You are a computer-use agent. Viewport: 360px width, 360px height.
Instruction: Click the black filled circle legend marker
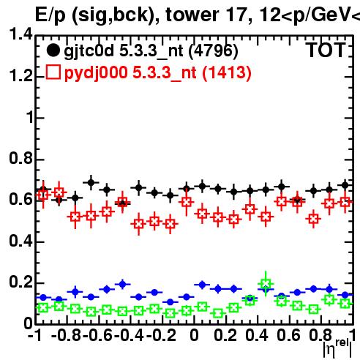(x=53, y=50)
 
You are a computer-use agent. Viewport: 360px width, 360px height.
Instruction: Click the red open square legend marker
(x=53, y=72)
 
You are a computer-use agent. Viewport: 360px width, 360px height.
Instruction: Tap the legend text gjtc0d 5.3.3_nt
(x=124, y=51)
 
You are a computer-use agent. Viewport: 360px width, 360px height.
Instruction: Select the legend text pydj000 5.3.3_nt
(x=130, y=73)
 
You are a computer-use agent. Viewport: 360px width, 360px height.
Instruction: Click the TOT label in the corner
(x=326, y=50)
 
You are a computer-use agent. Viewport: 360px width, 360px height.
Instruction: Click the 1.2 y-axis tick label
(x=21, y=75)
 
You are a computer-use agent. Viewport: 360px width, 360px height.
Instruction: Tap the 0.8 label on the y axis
(x=21, y=158)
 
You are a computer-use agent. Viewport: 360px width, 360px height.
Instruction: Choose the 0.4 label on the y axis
(x=21, y=241)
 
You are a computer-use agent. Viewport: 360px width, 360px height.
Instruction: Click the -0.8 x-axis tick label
(x=66, y=335)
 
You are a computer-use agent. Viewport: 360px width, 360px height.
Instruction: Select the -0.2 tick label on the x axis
(x=162, y=335)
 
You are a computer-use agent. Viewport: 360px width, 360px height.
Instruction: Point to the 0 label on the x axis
(x=194, y=335)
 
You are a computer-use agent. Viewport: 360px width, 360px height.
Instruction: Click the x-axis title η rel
(x=337, y=348)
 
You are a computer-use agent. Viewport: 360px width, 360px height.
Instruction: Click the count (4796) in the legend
(x=214, y=51)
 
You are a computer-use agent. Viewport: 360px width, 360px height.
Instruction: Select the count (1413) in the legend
(x=227, y=73)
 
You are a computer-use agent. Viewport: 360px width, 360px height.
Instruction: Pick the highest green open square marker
(x=266, y=284)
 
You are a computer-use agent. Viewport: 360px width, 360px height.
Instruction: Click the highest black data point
(x=91, y=182)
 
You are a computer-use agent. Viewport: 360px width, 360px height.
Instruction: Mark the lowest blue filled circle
(x=170, y=302)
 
